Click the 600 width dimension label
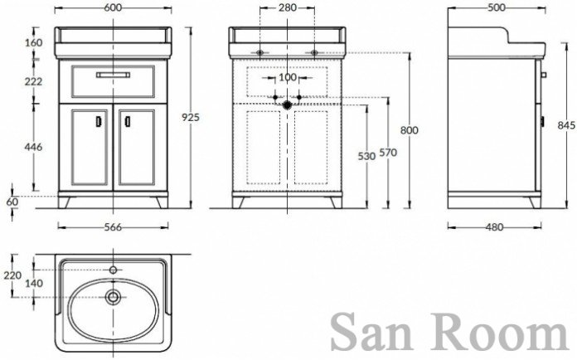113,7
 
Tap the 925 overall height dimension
191,117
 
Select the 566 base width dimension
113,227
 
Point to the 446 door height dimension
33,147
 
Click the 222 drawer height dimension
33,81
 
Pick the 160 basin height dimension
33,42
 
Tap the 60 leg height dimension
12,202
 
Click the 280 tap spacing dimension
288,7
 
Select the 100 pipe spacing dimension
288,78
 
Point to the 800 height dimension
410,130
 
